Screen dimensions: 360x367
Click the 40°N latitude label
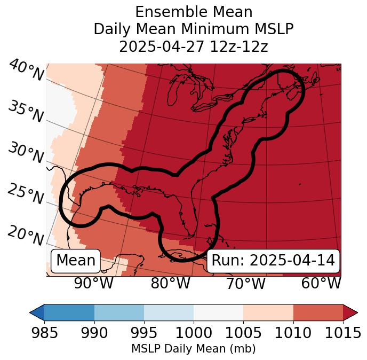coord(26,70)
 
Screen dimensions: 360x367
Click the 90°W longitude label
coord(94,283)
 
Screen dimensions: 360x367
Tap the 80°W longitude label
coord(171,283)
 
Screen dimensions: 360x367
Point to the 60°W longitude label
coord(321,283)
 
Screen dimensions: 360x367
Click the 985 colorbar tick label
coord(44,333)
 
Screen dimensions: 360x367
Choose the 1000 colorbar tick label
coord(194,333)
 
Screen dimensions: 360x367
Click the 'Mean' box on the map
coord(76,261)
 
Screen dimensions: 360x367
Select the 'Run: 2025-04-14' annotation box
coord(273,261)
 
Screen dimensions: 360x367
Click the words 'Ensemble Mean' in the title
coord(194,12)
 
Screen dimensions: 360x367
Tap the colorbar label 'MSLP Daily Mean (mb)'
coord(194,349)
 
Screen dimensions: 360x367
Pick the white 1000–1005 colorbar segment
coord(218,312)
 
